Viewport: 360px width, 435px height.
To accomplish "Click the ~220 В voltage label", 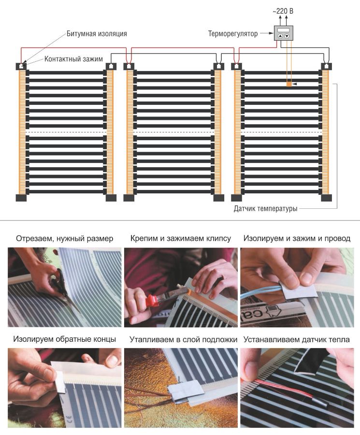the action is point(283,11).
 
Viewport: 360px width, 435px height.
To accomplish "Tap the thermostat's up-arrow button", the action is point(280,36).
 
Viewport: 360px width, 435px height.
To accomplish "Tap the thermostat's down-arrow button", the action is point(287,36).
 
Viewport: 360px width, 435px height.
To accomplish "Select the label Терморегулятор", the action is point(233,34).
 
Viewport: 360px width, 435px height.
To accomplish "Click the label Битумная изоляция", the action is point(97,33).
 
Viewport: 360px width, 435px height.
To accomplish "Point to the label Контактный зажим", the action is point(73,59).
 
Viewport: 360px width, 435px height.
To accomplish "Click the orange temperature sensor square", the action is point(289,84).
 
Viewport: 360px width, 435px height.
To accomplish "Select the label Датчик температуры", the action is point(265,208).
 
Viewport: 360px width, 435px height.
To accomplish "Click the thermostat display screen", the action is point(284,30).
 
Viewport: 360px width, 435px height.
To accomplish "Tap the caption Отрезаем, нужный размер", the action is point(65,239).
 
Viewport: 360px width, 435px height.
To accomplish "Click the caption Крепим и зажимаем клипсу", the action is point(181,238).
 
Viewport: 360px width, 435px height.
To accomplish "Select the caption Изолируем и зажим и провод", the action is point(297,238).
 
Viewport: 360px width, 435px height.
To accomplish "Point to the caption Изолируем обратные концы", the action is point(65,339).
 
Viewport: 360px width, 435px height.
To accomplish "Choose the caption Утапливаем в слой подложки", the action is point(183,340).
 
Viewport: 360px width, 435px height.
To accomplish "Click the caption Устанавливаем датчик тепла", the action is point(297,340).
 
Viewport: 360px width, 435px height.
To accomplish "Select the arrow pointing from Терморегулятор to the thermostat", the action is point(267,33).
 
